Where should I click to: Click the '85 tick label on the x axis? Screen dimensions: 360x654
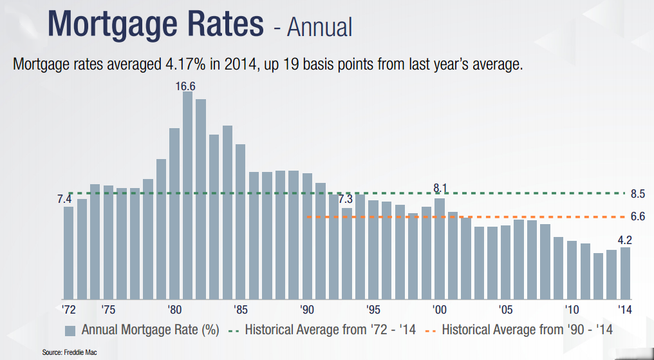coord(241,308)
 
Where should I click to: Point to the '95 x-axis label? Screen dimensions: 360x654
coord(372,308)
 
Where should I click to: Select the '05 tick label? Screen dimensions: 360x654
coord(505,308)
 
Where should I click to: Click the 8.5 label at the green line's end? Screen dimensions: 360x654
coord(638,194)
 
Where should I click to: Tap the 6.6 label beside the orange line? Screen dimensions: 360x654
coord(638,217)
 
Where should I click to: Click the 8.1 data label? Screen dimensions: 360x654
coord(440,188)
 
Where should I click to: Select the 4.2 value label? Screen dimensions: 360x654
coord(624,240)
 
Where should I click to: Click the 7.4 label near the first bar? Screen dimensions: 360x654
coord(64,200)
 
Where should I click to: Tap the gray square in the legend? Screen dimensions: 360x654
coord(70,330)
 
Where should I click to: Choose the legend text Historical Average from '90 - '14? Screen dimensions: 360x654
coord(527,330)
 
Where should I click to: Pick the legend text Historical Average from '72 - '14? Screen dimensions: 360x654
coord(330,330)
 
